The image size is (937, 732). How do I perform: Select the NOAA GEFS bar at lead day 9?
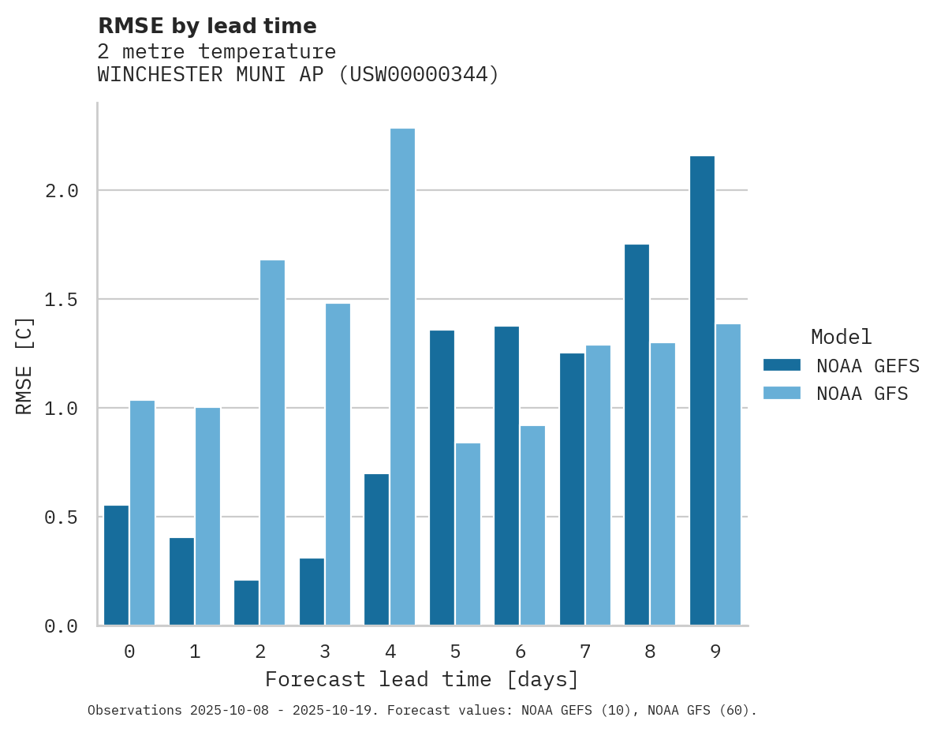(702, 390)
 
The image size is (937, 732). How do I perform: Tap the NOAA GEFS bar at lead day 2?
(246, 603)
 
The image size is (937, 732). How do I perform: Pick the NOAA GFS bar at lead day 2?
(272, 443)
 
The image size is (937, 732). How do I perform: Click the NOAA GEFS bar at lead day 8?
(636, 435)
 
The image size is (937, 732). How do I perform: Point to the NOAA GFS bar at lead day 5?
(468, 534)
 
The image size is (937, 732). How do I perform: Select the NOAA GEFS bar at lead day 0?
(116, 565)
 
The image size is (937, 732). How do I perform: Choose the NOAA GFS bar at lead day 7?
(598, 485)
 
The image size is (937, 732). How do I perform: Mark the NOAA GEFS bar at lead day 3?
(312, 592)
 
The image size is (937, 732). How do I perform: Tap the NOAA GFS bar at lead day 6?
(532, 525)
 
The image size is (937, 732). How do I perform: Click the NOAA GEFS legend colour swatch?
(782, 365)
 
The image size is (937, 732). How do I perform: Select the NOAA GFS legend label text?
(862, 394)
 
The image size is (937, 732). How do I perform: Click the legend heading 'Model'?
(841, 337)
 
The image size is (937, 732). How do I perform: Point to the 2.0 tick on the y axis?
(62, 191)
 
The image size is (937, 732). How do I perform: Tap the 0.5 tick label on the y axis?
(62, 517)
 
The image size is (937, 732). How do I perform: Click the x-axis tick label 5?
(455, 652)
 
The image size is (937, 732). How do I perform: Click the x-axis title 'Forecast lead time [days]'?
(422, 679)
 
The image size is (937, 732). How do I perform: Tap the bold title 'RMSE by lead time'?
(207, 26)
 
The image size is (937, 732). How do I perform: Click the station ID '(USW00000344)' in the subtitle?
(418, 75)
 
